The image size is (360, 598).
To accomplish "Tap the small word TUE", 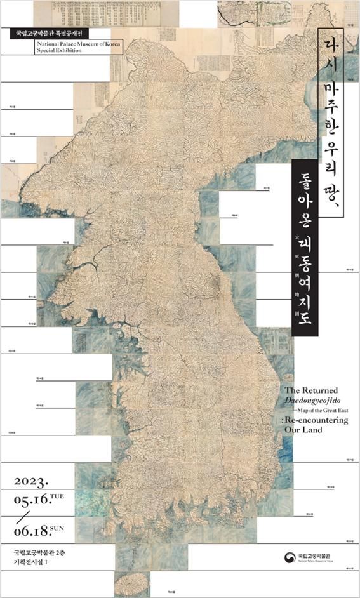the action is click(75, 496).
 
